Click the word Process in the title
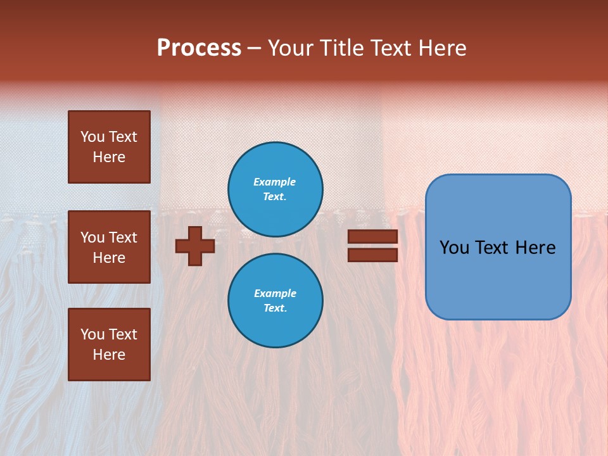click(x=199, y=48)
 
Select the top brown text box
click(x=109, y=147)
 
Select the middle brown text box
click(x=109, y=247)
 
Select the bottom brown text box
click(x=109, y=345)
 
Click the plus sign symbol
click(x=195, y=246)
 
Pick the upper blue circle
click(x=275, y=189)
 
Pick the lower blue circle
click(x=275, y=301)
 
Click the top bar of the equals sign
click(x=372, y=237)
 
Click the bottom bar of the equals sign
click(x=372, y=255)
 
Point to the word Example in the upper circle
click(x=274, y=182)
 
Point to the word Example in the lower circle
click(x=275, y=293)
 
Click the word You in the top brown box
click(x=92, y=137)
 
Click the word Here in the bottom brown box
click(x=109, y=355)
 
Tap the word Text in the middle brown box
click(x=123, y=237)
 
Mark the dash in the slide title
click(x=254, y=49)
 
